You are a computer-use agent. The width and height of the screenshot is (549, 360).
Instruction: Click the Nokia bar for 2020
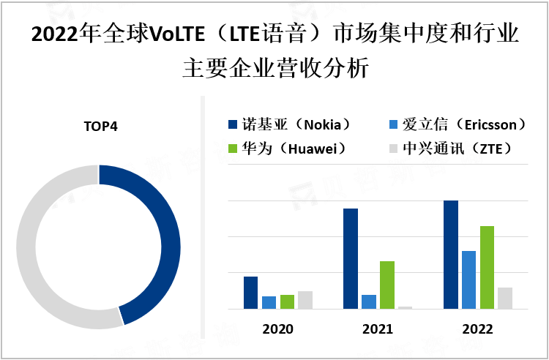[250, 293]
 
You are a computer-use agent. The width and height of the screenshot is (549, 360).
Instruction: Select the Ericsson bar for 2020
[269, 302]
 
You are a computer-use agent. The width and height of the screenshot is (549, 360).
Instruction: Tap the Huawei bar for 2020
[287, 301]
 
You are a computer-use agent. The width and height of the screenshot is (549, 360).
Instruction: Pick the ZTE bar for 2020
[305, 300]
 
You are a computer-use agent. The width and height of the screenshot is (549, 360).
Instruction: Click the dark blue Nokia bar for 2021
[351, 259]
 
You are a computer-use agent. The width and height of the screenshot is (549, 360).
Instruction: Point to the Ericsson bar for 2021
[369, 301]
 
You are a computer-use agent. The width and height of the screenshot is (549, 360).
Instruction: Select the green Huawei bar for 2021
[387, 285]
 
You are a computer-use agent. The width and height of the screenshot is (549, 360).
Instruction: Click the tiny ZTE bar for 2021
[406, 307]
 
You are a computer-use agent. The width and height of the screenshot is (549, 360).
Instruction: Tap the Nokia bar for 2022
[451, 255]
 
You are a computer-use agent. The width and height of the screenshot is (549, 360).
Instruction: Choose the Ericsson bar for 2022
[468, 280]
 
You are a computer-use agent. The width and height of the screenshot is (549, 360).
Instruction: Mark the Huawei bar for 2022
[487, 267]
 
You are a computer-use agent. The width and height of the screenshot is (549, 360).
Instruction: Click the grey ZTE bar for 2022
[505, 298]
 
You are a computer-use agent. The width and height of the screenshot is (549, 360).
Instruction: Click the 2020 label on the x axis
[277, 329]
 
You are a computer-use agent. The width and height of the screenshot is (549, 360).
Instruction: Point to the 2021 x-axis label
[378, 329]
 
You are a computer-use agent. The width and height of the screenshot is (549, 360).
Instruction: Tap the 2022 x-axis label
[477, 329]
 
